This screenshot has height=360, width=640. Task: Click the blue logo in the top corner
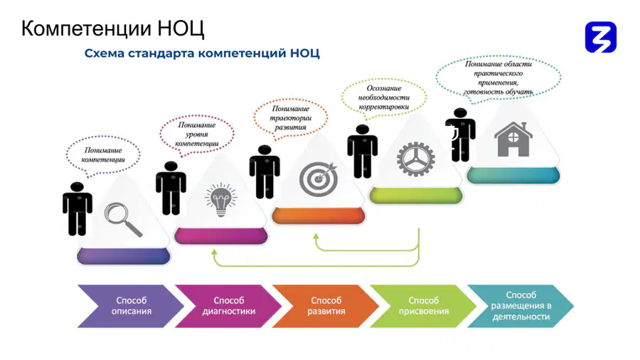(600, 37)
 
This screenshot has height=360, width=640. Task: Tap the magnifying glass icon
(123, 220)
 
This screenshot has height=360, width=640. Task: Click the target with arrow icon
(319, 179)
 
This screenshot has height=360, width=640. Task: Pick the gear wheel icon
(415, 159)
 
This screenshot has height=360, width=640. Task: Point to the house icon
(513, 139)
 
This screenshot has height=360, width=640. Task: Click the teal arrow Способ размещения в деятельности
(521, 306)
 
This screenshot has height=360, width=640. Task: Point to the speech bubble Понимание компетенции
(103, 156)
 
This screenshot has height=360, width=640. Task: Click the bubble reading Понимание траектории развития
(290, 118)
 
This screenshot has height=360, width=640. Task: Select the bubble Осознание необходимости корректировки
(384, 98)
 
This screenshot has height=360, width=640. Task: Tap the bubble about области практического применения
(498, 78)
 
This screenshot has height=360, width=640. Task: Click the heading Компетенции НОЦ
(112, 28)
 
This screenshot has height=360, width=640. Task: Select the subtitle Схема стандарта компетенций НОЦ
(202, 53)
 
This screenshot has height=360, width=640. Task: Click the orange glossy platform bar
(319, 216)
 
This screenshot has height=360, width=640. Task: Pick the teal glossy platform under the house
(513, 176)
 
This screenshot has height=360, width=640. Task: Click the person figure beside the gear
(363, 152)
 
